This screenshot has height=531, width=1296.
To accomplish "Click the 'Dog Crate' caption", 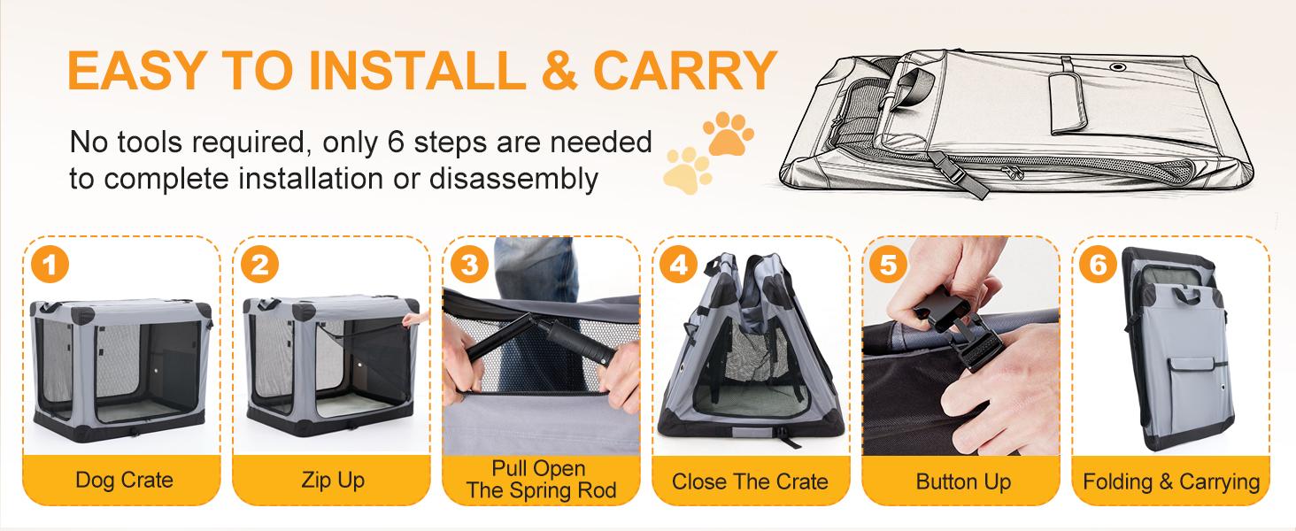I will pos(124,481).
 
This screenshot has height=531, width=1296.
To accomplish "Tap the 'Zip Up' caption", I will pos(333,481).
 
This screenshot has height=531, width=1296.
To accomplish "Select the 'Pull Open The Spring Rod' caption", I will pos(541,479).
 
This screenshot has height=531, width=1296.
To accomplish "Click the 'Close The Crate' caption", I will pos(750,481).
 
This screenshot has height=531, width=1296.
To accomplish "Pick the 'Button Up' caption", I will pos(963,481).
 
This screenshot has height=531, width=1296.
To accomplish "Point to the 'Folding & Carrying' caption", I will pos(1171,481).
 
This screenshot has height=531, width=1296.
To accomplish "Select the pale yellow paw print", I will pos(688,169).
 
